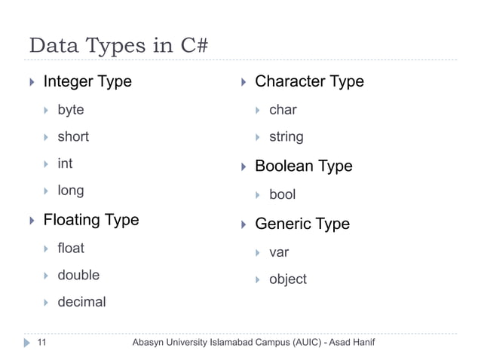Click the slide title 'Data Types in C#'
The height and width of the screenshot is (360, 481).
click(x=118, y=45)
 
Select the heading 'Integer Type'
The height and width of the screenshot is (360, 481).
click(x=87, y=81)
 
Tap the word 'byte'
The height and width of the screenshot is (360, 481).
click(x=71, y=110)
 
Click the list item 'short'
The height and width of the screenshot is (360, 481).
click(x=73, y=137)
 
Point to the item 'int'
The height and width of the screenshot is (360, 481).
click(x=65, y=163)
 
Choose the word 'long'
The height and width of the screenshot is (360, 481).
click(x=71, y=191)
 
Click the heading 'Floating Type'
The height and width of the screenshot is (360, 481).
click(x=91, y=220)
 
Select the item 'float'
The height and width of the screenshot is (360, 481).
click(x=71, y=248)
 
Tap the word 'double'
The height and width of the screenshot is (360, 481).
click(x=78, y=275)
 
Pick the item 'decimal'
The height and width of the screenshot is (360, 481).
click(x=81, y=302)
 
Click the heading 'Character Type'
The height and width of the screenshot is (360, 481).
click(x=309, y=81)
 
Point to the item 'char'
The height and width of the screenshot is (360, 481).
click(x=283, y=110)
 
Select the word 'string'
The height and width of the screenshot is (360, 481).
click(x=286, y=137)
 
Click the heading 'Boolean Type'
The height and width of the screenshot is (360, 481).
click(x=304, y=166)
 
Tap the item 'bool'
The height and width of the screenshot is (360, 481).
click(x=283, y=194)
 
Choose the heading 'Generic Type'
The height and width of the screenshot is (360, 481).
click(x=302, y=224)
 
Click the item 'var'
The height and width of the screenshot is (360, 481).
click(x=279, y=252)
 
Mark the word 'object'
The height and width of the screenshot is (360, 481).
click(x=288, y=279)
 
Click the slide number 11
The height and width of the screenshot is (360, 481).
click(x=41, y=343)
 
